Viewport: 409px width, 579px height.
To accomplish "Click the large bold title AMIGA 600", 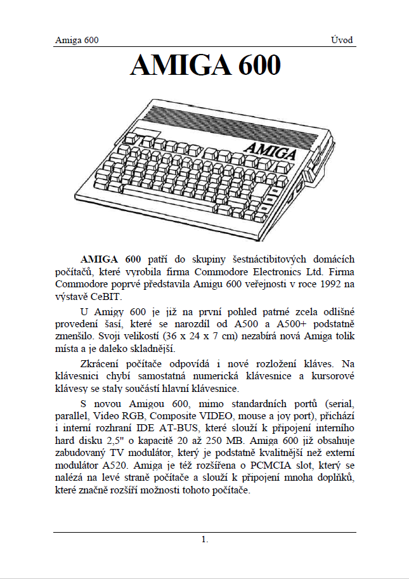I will (x=205, y=66).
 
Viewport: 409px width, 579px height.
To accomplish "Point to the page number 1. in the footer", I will (x=204, y=540).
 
